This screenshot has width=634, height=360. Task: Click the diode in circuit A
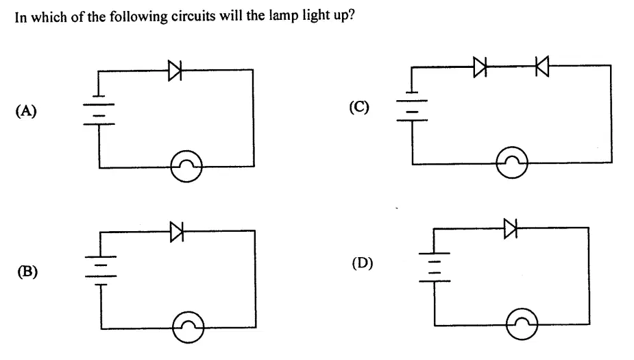pyautogui.click(x=175, y=71)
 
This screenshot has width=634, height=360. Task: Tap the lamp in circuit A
pyautogui.click(x=186, y=166)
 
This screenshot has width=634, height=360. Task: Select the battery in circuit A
pyautogui.click(x=99, y=110)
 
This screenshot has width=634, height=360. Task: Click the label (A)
pyautogui.click(x=26, y=110)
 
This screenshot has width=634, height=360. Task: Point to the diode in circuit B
pyautogui.click(x=177, y=232)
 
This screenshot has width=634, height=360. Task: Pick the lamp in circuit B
pyautogui.click(x=188, y=327)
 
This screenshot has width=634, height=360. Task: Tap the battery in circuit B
pyautogui.click(x=101, y=271)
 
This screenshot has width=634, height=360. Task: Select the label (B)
pyautogui.click(x=27, y=272)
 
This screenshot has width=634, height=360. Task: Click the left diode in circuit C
pyautogui.click(x=480, y=67)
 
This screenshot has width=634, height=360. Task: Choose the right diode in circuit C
pyautogui.click(x=542, y=66)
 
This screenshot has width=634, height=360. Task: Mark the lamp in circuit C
pyautogui.click(x=512, y=163)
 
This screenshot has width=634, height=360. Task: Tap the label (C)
pyautogui.click(x=359, y=107)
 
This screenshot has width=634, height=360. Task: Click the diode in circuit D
pyautogui.click(x=511, y=228)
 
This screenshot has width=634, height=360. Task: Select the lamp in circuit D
pyautogui.click(x=522, y=324)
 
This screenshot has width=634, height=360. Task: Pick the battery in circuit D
pyautogui.click(x=435, y=267)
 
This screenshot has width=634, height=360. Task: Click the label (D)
pyautogui.click(x=363, y=263)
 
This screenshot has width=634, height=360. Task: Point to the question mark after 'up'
pyautogui.click(x=351, y=15)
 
